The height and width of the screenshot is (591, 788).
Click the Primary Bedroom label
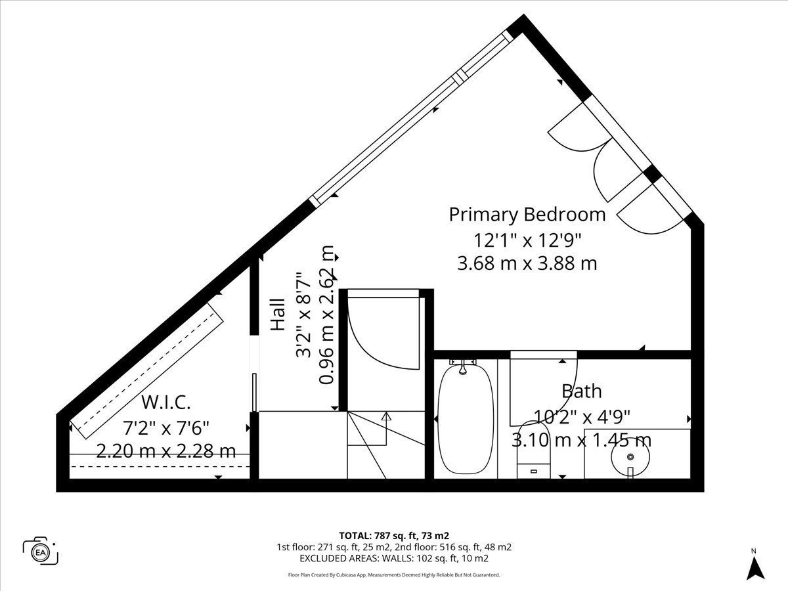[x=527, y=215]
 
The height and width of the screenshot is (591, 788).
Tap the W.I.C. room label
[x=166, y=403]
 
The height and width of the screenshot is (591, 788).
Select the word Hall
[x=278, y=315]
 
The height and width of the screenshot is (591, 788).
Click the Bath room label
[x=582, y=391]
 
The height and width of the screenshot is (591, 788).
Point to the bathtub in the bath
[x=466, y=419]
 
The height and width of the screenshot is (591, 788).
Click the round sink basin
[x=630, y=457]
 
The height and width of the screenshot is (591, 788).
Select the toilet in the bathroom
[x=533, y=450]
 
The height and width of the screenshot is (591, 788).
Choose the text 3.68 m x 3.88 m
[x=527, y=263]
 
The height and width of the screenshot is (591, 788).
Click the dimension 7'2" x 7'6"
[x=166, y=427]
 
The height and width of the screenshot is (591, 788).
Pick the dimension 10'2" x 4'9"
[x=582, y=417]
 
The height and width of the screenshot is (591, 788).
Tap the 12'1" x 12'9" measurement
[x=527, y=240]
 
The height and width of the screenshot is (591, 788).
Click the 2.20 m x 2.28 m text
[x=166, y=451]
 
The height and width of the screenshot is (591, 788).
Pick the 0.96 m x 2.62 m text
[x=326, y=315]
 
